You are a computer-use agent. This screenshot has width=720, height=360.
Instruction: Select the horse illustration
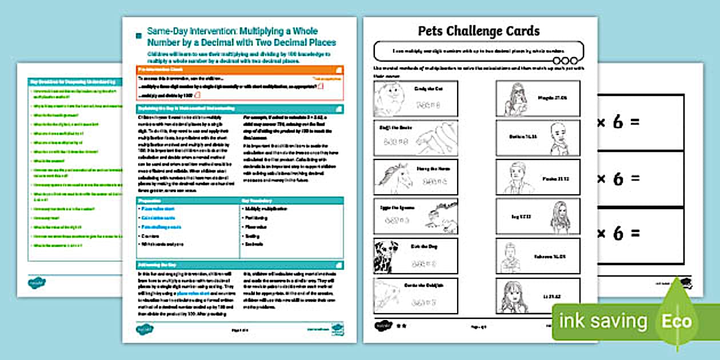tap(394, 178)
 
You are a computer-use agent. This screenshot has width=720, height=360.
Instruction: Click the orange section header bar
tap(240, 70)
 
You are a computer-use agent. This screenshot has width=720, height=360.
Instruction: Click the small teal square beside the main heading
tap(138, 36)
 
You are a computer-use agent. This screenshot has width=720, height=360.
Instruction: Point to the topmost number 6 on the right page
tap(618, 122)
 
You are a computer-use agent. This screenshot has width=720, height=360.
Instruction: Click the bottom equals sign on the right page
tap(634, 233)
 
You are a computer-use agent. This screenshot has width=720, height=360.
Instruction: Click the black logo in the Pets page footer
tap(381, 325)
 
